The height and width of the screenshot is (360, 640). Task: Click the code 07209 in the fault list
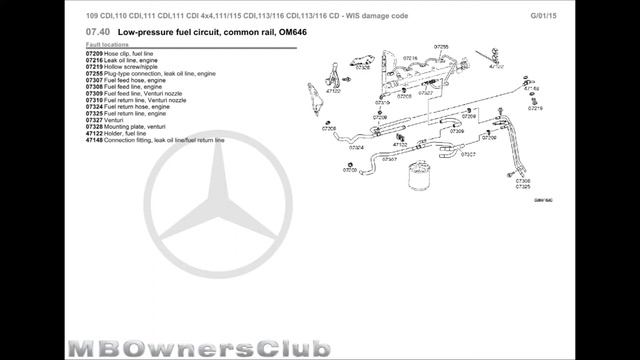tap(95, 53)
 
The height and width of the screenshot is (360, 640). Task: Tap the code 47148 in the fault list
tap(95, 140)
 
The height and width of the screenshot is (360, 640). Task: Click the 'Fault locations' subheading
tap(107, 46)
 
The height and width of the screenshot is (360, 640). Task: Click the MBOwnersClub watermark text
tap(200, 346)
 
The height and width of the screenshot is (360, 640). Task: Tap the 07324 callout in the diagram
tap(356, 147)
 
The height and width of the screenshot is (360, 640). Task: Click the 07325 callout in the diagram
tap(523, 187)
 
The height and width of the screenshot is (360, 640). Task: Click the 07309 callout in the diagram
tap(443, 131)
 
